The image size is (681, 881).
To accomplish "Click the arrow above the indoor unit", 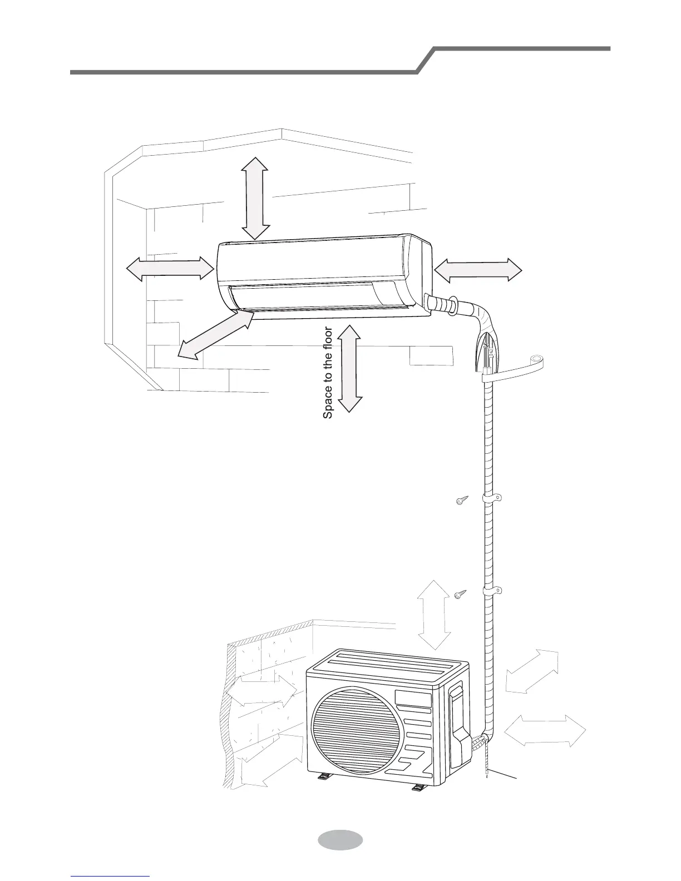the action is coord(256,197).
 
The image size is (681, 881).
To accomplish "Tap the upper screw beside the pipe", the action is coord(461,501).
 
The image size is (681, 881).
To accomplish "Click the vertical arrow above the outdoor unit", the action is coord(433,614).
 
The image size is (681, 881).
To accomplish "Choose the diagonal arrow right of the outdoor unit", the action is coord(532,671).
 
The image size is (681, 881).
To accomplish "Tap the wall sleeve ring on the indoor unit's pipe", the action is coord(452,305).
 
